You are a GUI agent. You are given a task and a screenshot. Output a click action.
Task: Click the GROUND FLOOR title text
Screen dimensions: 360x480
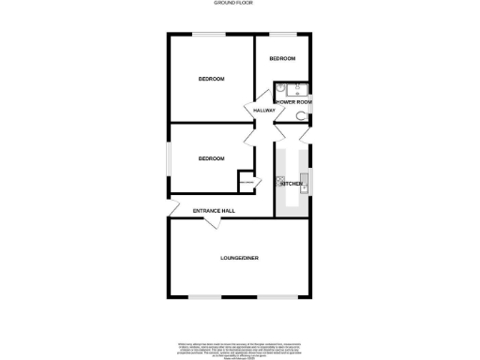point(239,4)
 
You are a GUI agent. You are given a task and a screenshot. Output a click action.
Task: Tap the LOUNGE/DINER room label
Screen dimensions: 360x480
point(239,257)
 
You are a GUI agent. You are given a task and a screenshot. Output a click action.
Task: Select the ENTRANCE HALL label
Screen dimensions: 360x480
point(214,211)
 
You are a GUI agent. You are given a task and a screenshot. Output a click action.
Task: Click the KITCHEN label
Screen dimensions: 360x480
point(291,184)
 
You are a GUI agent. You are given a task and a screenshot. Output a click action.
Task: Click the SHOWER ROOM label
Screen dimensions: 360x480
point(293,100)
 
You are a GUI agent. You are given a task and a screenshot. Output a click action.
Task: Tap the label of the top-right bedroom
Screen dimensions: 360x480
point(282,59)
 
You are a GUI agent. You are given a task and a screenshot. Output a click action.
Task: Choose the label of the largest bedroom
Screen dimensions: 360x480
point(211,79)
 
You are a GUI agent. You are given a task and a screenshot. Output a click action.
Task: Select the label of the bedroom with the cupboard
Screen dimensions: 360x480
point(211,158)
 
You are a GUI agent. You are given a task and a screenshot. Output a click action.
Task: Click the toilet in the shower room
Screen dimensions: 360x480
point(300,115)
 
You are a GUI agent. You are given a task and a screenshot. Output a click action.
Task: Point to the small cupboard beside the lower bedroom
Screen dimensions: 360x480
point(247,182)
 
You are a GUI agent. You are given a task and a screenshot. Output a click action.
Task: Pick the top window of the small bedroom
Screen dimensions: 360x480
point(284,35)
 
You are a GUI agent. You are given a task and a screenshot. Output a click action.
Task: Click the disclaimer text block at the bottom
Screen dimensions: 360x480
point(239,348)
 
